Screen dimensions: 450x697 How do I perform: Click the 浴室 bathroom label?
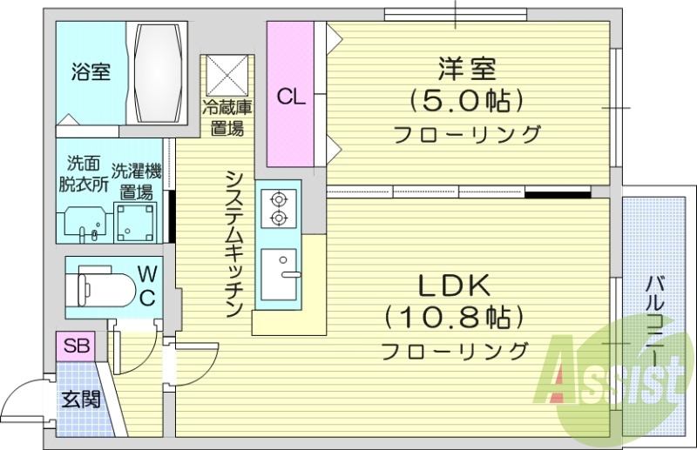pos(91,72)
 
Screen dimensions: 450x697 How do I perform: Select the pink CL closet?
pos(290,96)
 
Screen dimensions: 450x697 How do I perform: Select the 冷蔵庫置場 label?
pos(227,118)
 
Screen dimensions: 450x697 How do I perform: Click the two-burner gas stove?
pos(279,207)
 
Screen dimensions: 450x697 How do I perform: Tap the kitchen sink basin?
pos(279,274)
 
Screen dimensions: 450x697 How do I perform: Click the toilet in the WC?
pos(103,285)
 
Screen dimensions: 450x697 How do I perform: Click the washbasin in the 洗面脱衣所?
pos(85,225)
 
